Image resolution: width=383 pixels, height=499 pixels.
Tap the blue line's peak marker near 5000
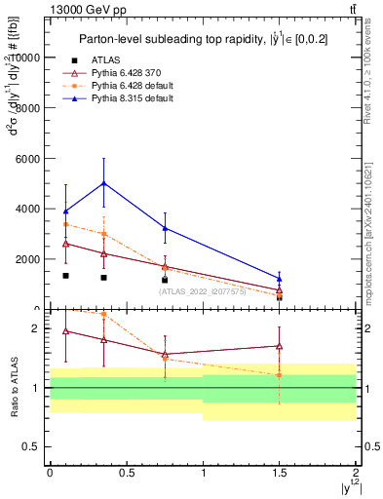[103, 183]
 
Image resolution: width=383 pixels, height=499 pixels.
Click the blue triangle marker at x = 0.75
[165, 228]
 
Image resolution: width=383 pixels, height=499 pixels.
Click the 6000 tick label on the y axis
[28, 159]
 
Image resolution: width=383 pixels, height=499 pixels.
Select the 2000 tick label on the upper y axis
[28, 259]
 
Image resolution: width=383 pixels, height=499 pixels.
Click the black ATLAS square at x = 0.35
[103, 278]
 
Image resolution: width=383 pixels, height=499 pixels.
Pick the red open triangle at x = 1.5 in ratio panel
[280, 346]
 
